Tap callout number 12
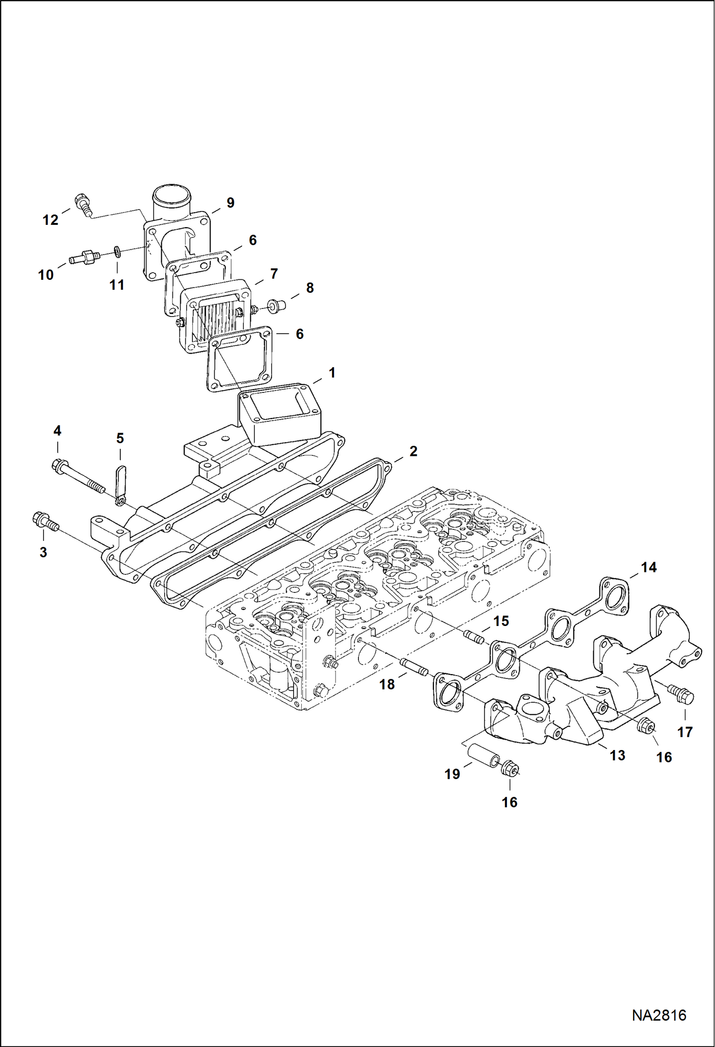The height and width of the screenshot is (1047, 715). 50,220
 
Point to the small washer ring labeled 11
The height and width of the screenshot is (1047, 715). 117,251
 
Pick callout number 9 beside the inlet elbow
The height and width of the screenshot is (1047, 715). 230,203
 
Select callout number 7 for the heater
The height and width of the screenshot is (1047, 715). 273,274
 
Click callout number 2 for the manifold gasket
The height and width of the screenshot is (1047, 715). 413,451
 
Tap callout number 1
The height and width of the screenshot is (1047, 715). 332,372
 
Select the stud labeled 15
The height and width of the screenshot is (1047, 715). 473,636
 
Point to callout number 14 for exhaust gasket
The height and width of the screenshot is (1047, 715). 648,567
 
